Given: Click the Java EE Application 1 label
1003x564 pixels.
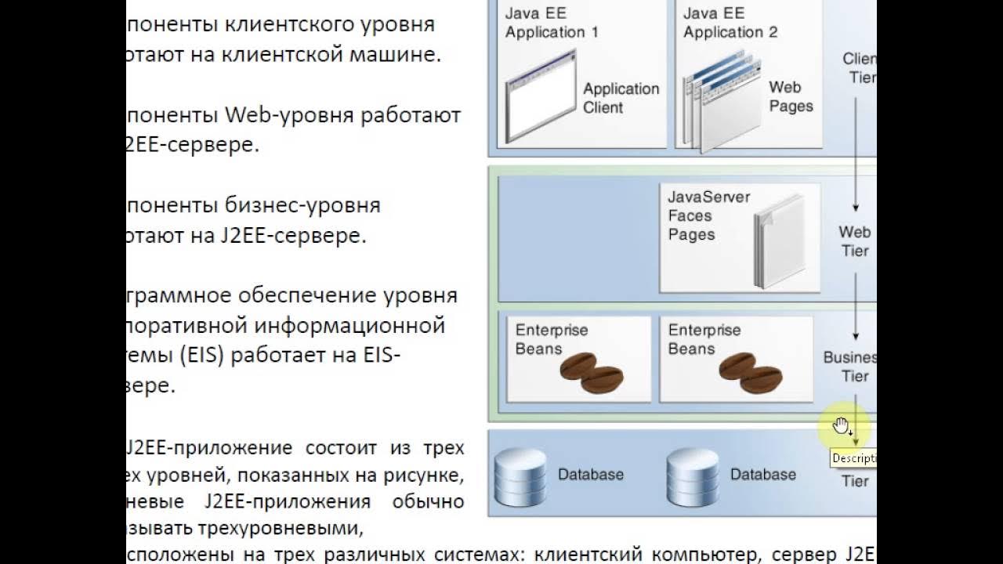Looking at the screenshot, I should click(x=552, y=23).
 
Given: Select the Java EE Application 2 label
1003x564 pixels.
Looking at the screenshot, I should click(x=730, y=23).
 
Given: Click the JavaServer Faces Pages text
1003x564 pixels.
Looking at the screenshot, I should click(x=708, y=215).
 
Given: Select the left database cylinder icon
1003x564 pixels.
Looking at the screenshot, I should click(x=520, y=475).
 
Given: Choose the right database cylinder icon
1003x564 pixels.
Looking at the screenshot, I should click(x=693, y=475).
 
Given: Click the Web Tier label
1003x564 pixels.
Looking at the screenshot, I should click(x=854, y=241).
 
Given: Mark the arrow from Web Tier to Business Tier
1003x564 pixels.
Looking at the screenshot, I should click(x=856, y=302).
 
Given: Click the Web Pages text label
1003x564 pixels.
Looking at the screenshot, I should click(x=790, y=97).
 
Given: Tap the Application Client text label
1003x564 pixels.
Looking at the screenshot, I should click(x=621, y=98).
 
